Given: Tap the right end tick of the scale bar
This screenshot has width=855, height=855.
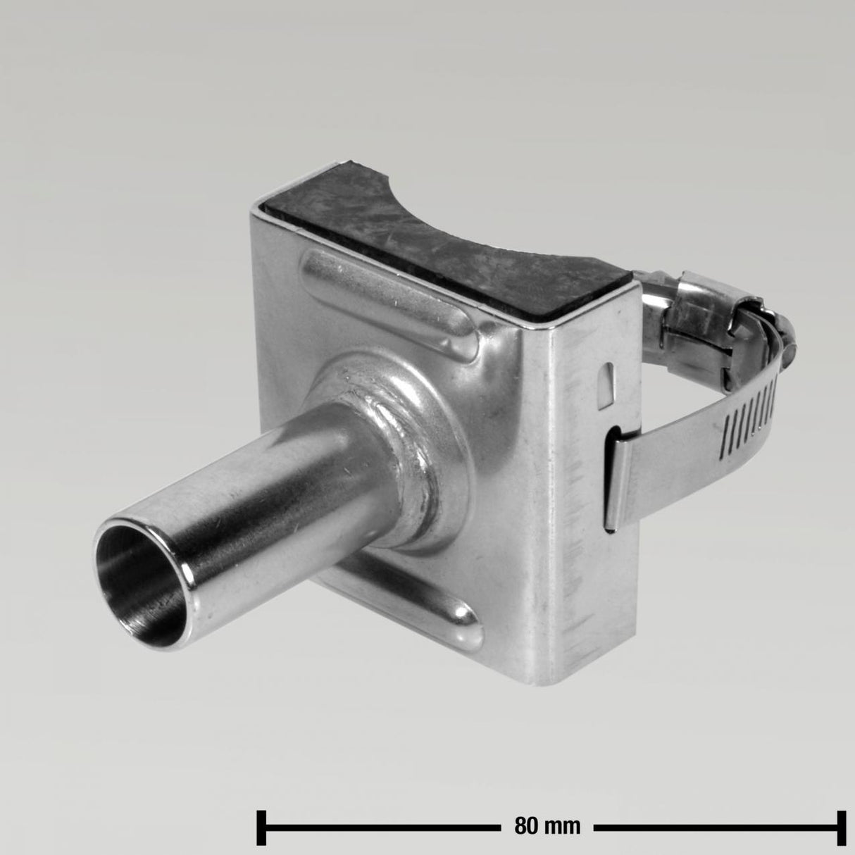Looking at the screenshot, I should tap(841, 825).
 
